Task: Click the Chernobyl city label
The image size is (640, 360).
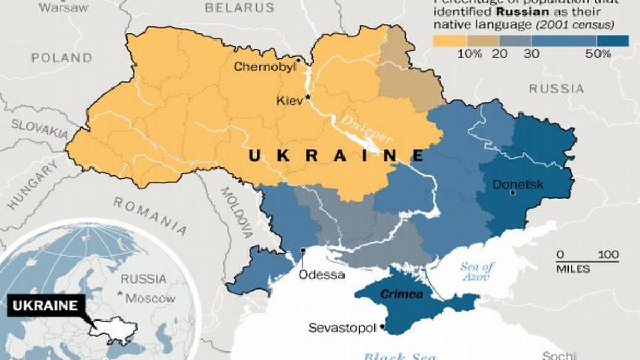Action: point(264,67)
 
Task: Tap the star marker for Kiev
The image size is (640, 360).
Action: point(308,98)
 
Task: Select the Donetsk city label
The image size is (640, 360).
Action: point(518,185)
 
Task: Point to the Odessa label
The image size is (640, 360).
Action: point(322,275)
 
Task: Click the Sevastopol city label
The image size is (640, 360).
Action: point(342,328)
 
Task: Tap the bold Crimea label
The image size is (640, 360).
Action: point(394,294)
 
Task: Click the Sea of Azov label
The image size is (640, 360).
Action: point(476,272)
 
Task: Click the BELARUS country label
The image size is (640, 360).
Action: point(239,7)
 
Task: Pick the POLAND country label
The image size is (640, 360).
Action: point(61,58)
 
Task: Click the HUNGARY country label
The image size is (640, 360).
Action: point(34,187)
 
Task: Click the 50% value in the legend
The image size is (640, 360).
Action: point(598,53)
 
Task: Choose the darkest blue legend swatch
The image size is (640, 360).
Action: point(613,40)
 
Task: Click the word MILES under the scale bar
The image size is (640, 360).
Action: point(573,269)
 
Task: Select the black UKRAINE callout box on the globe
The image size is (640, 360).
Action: point(45,306)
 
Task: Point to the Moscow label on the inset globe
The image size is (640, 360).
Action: point(150,298)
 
